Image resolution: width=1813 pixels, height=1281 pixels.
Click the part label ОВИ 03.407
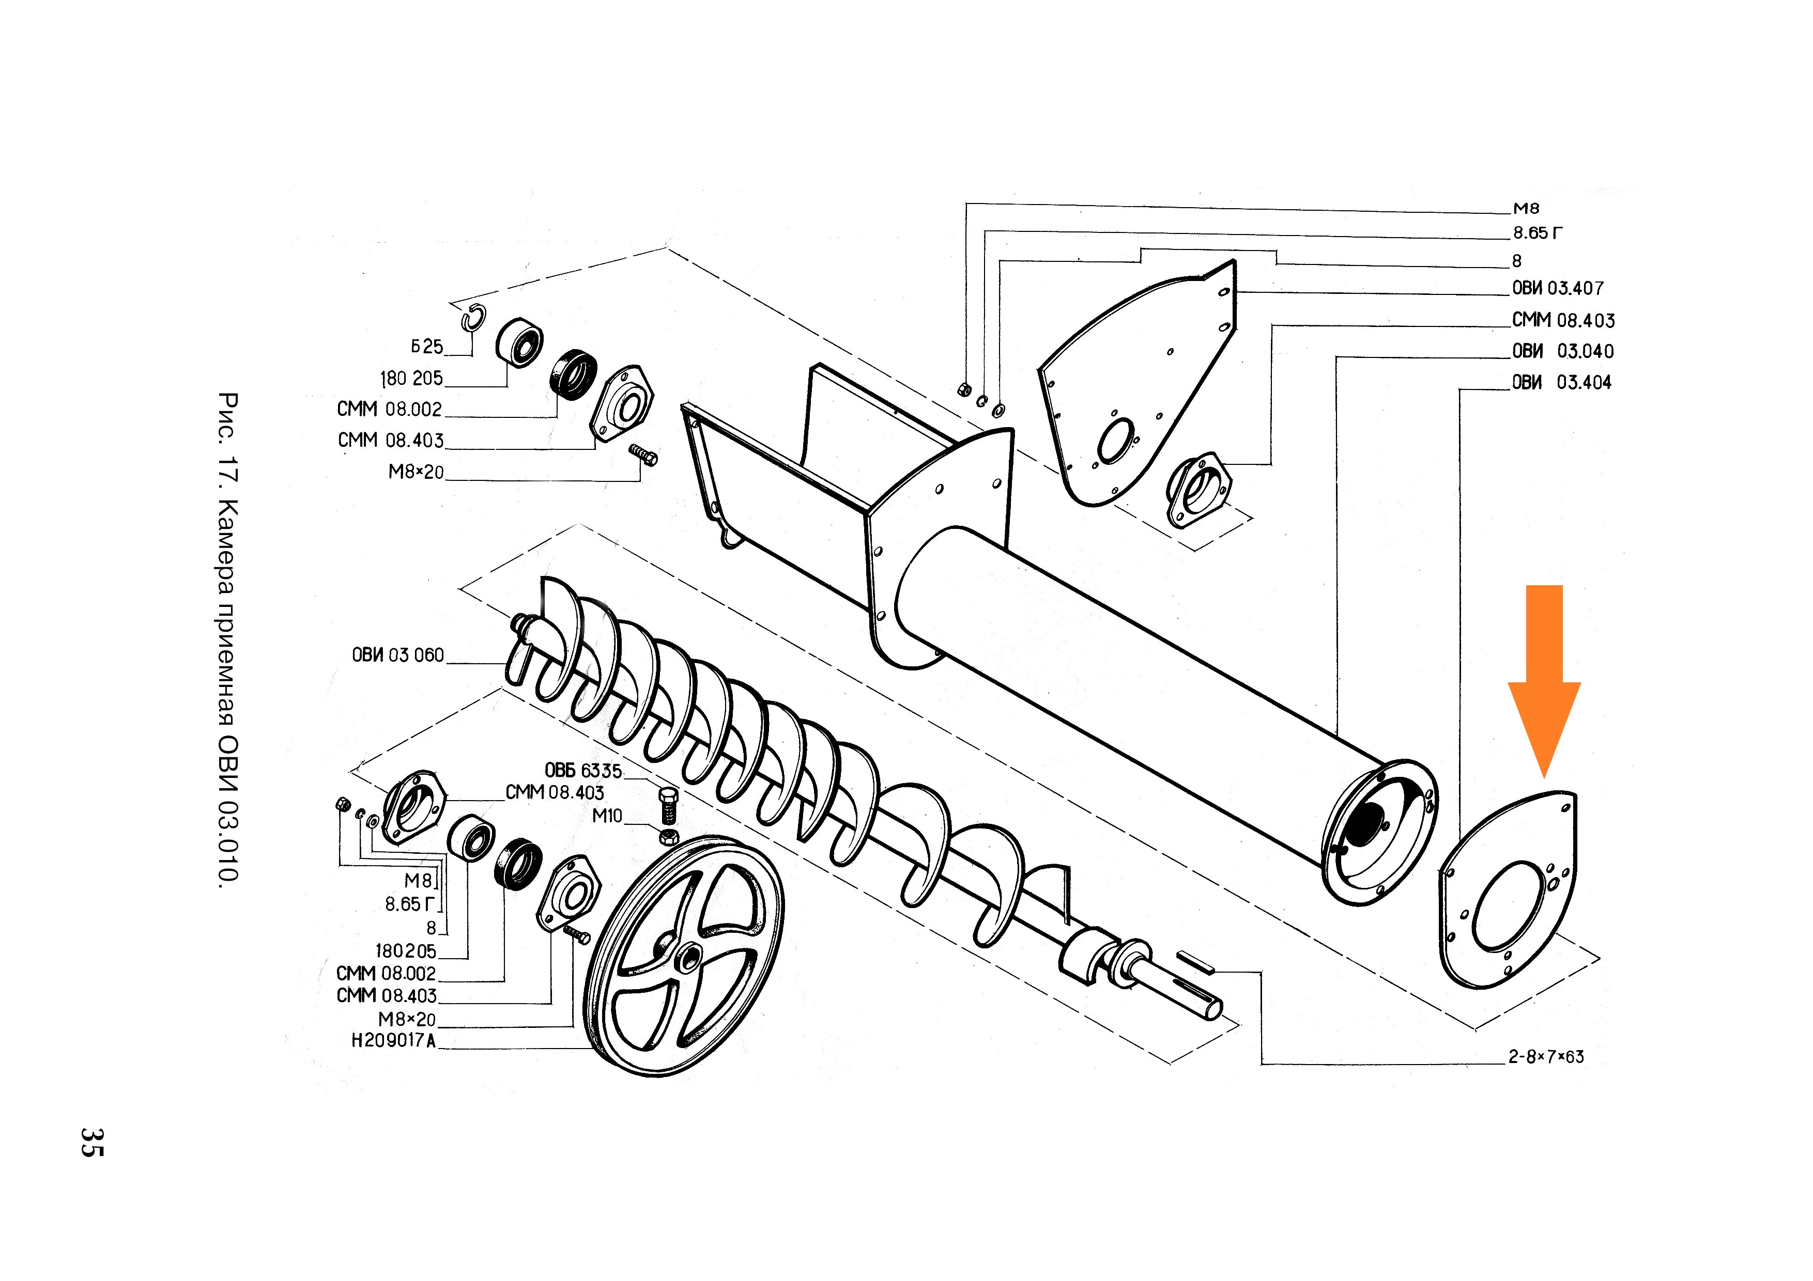point(1557,288)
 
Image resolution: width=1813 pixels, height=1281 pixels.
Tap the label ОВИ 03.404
point(1561,383)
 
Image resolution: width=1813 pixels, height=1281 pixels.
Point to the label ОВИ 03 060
point(398,655)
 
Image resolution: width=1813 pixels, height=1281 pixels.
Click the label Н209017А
point(393,1041)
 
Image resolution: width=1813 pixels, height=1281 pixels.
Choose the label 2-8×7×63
point(1545,1057)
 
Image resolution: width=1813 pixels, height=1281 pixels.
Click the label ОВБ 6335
point(583,770)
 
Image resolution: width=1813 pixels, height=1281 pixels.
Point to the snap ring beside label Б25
point(474,317)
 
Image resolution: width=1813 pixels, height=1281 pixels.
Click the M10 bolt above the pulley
point(668,805)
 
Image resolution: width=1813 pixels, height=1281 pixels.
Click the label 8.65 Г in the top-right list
point(1537,233)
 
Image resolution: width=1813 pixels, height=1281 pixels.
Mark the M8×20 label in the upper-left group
point(416,472)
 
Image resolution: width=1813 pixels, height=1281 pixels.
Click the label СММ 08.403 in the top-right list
point(1563,320)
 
